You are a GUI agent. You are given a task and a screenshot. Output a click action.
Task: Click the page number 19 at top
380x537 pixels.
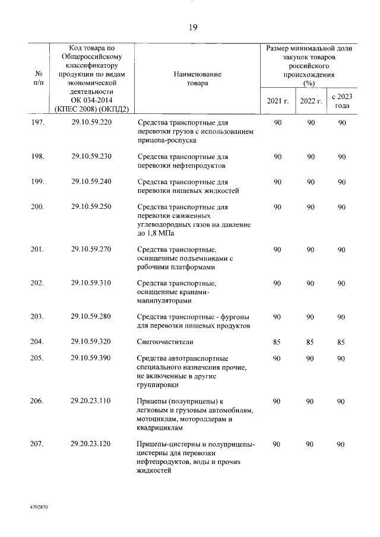click(x=193, y=27)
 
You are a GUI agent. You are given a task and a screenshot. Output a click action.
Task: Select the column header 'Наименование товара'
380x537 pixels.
click(x=198, y=79)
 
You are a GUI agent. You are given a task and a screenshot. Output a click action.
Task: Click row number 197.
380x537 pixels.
click(x=37, y=122)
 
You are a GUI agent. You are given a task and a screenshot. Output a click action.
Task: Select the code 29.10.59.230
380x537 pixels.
click(x=91, y=157)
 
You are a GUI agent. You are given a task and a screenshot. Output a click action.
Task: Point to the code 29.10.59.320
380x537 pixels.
click(x=91, y=342)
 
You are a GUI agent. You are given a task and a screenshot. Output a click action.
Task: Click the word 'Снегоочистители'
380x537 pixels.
click(x=165, y=342)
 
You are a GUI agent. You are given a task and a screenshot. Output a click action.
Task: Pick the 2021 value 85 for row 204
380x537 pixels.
click(x=277, y=342)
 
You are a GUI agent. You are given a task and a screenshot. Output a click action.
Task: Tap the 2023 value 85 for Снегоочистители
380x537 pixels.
click(x=341, y=342)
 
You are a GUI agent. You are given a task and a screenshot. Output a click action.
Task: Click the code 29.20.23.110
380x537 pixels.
click(x=91, y=401)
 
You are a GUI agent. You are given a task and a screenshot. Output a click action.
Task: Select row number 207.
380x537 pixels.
click(x=37, y=444)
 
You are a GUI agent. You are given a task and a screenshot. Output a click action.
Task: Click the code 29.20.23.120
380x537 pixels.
click(x=91, y=444)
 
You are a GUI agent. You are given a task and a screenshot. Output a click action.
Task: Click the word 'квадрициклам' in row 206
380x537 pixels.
click(x=160, y=427)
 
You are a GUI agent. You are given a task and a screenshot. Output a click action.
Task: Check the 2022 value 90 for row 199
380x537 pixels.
click(x=309, y=182)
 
